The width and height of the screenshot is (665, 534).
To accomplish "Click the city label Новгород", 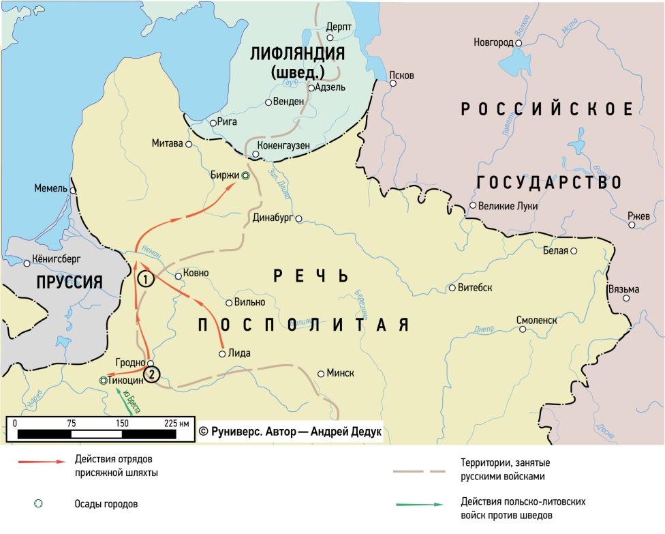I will (x=493, y=43).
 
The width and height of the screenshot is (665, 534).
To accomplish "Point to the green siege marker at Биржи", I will (x=246, y=175).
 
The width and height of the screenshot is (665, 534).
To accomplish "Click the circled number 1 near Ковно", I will (x=145, y=278).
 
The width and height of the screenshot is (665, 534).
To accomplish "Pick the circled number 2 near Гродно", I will (x=153, y=374).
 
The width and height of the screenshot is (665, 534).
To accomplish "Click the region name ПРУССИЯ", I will (x=61, y=281).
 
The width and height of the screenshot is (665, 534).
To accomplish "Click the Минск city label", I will (x=340, y=373).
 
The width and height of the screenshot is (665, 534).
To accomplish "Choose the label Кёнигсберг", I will (x=57, y=261).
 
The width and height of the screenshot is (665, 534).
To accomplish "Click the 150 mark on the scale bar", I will (x=122, y=423).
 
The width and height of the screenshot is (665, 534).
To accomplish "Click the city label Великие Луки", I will (x=508, y=206).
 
